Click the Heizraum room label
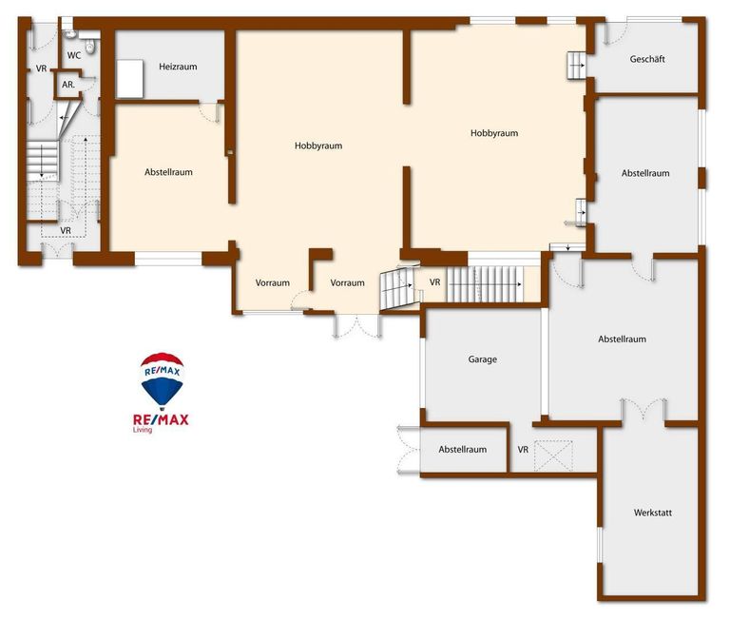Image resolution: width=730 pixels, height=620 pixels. pyautogui.click(x=178, y=67)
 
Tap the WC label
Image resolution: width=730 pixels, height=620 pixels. pyautogui.click(x=73, y=55)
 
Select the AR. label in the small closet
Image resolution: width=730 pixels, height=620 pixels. pyautogui.click(x=68, y=85)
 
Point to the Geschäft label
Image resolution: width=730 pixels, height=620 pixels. pyautogui.click(x=647, y=59)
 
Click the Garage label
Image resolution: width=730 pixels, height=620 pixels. pyautogui.click(x=482, y=359)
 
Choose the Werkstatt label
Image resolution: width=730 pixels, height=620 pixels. pyautogui.click(x=653, y=513)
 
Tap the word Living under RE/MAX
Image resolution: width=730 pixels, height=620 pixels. pyautogui.click(x=143, y=430)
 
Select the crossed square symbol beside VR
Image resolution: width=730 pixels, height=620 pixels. pyautogui.click(x=553, y=455)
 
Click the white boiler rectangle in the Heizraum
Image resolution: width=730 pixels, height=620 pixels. pyautogui.click(x=129, y=79)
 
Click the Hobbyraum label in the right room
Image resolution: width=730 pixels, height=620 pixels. pyautogui.click(x=494, y=133)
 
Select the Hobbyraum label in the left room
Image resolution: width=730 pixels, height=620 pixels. pyautogui.click(x=318, y=145)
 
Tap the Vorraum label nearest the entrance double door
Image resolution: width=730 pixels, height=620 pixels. pyautogui.click(x=347, y=282)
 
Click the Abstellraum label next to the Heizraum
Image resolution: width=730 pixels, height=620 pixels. pyautogui.click(x=168, y=172)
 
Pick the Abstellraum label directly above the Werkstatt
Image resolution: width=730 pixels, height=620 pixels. pyautogui.click(x=622, y=339)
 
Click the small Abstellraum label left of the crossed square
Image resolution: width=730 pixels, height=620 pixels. pyautogui.click(x=462, y=450)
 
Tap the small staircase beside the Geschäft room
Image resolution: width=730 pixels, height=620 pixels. pyautogui.click(x=576, y=66)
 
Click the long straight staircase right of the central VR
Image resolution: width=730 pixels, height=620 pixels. pyautogui.click(x=485, y=283)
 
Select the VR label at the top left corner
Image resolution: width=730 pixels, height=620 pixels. pyautogui.click(x=42, y=68)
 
